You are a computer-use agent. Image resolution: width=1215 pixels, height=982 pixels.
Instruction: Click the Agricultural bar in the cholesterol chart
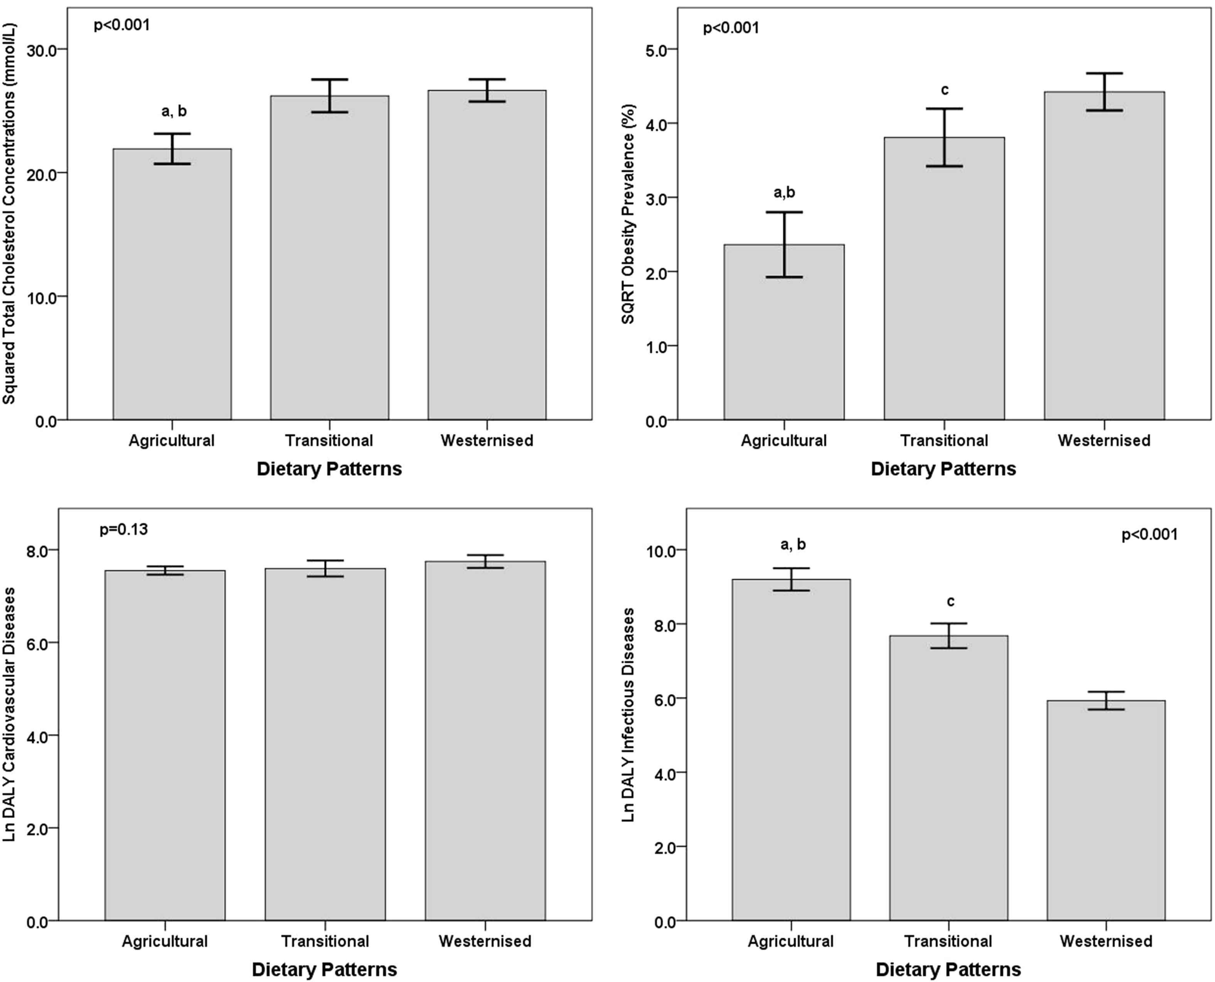pos(172,283)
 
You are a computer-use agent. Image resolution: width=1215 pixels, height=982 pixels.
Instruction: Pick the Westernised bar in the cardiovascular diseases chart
pos(485,741)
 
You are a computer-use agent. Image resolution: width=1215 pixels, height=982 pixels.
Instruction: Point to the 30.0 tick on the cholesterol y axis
pos(42,50)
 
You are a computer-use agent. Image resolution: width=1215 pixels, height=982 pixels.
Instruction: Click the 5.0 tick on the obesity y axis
pos(656,50)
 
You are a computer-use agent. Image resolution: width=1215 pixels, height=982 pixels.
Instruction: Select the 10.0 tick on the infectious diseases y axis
pos(659,550)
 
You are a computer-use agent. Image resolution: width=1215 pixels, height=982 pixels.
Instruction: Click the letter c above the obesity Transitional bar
pos(944,90)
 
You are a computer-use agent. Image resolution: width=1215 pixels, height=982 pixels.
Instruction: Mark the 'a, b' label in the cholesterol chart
pos(174,112)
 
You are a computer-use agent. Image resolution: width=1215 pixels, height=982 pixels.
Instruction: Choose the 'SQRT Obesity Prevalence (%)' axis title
pos(628,214)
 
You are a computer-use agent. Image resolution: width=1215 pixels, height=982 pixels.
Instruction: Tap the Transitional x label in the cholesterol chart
pos(329,441)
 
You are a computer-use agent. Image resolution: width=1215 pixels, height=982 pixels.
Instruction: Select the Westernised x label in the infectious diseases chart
pos(1105,941)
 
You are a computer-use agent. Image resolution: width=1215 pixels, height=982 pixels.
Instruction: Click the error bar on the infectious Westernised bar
pos(1105,700)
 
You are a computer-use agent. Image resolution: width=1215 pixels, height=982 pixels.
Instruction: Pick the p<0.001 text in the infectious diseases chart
pos(1149,534)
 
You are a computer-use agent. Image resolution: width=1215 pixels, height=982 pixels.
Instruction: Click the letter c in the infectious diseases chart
pos(950,601)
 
